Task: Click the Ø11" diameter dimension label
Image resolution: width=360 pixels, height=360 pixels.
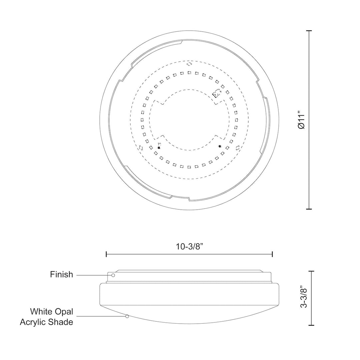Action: click(301, 120)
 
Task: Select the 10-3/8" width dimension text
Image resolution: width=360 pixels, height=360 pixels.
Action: click(190, 247)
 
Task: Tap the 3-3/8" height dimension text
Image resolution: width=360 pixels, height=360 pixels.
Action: click(304, 297)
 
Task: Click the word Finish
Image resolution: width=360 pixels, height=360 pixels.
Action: click(62, 274)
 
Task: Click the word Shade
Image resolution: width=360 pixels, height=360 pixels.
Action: click(61, 322)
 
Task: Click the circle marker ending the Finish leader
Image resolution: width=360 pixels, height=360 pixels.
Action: click(113, 275)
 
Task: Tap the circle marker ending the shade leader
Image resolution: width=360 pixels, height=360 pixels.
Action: click(127, 316)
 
